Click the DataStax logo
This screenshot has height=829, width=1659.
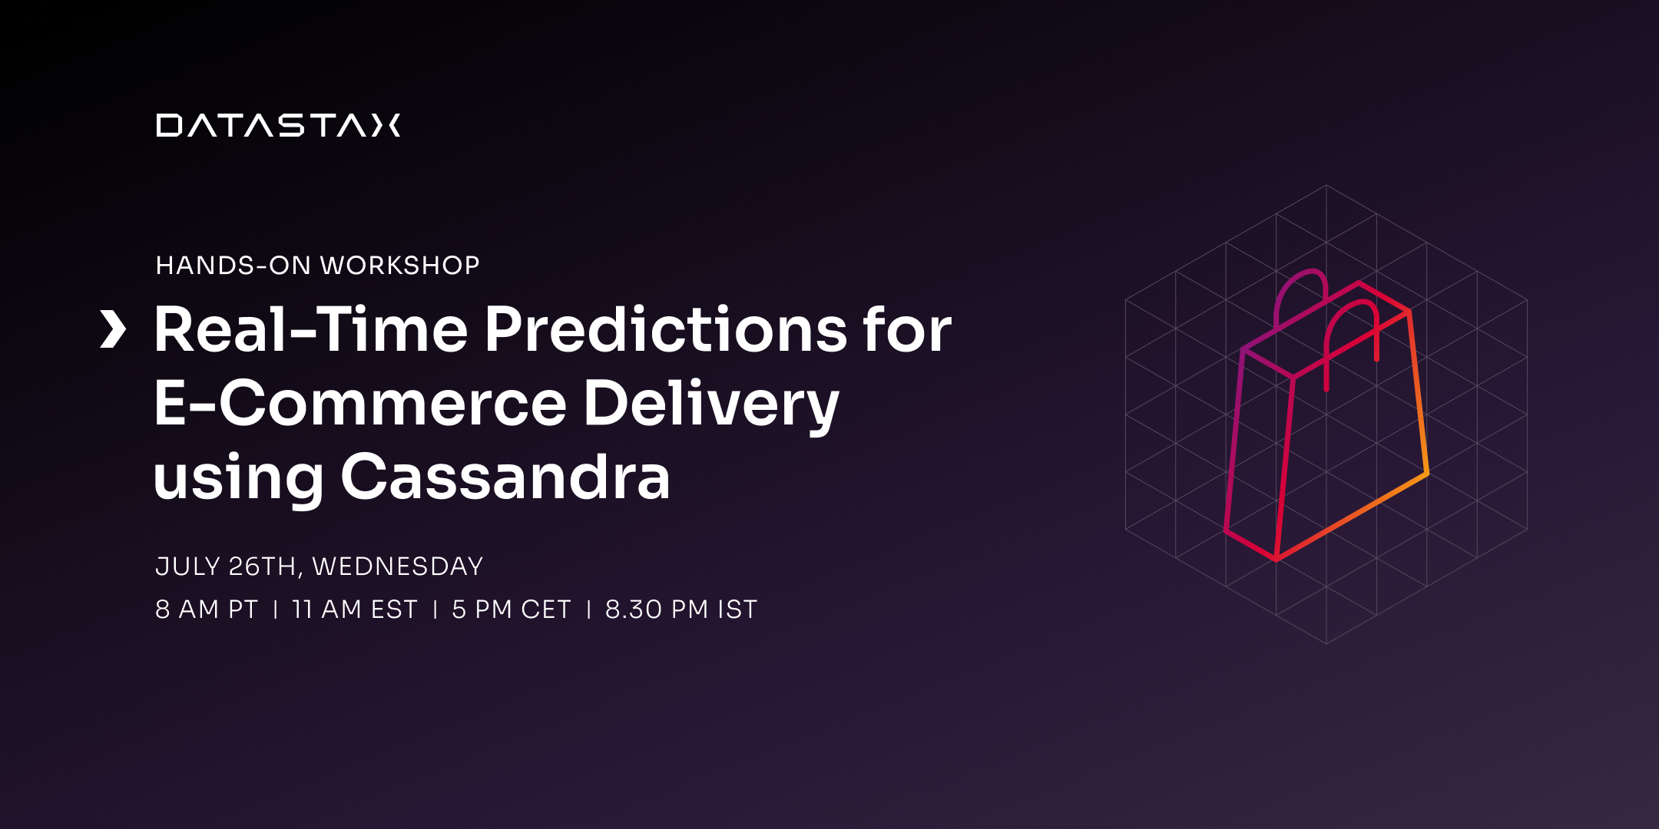[278, 125]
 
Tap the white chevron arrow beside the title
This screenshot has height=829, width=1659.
[113, 329]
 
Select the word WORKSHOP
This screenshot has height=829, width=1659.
[399, 266]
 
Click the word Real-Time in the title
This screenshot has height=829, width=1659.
[310, 330]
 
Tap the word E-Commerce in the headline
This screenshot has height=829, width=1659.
[359, 404]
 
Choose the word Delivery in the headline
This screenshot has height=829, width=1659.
[710, 404]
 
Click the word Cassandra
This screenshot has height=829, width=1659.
[505, 477]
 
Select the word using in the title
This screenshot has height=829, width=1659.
[238, 478]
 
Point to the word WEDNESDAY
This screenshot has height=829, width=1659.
[397, 566]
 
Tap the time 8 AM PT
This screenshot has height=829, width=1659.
[206, 609]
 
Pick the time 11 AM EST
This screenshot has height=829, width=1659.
[354, 609]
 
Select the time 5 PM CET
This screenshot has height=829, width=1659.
[511, 609]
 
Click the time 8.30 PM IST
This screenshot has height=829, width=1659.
[680, 609]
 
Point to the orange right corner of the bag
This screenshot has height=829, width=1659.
[1426, 472]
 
